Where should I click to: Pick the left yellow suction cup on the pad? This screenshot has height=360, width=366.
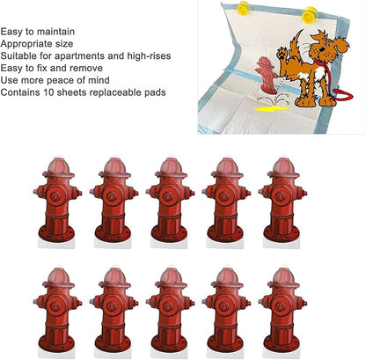[x=244, y=8]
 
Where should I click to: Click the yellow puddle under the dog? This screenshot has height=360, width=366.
[x=272, y=109]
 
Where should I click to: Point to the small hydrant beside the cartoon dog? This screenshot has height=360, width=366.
[x=266, y=76]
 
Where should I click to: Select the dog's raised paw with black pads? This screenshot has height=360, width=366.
[x=282, y=55]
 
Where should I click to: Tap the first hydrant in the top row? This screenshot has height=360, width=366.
[x=57, y=200]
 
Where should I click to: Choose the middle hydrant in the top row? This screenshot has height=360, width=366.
[x=170, y=200]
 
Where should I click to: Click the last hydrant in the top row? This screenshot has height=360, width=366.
[x=282, y=200]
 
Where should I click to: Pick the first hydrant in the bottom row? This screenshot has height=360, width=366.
[x=57, y=310]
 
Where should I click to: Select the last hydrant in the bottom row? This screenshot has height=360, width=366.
[x=282, y=310]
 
